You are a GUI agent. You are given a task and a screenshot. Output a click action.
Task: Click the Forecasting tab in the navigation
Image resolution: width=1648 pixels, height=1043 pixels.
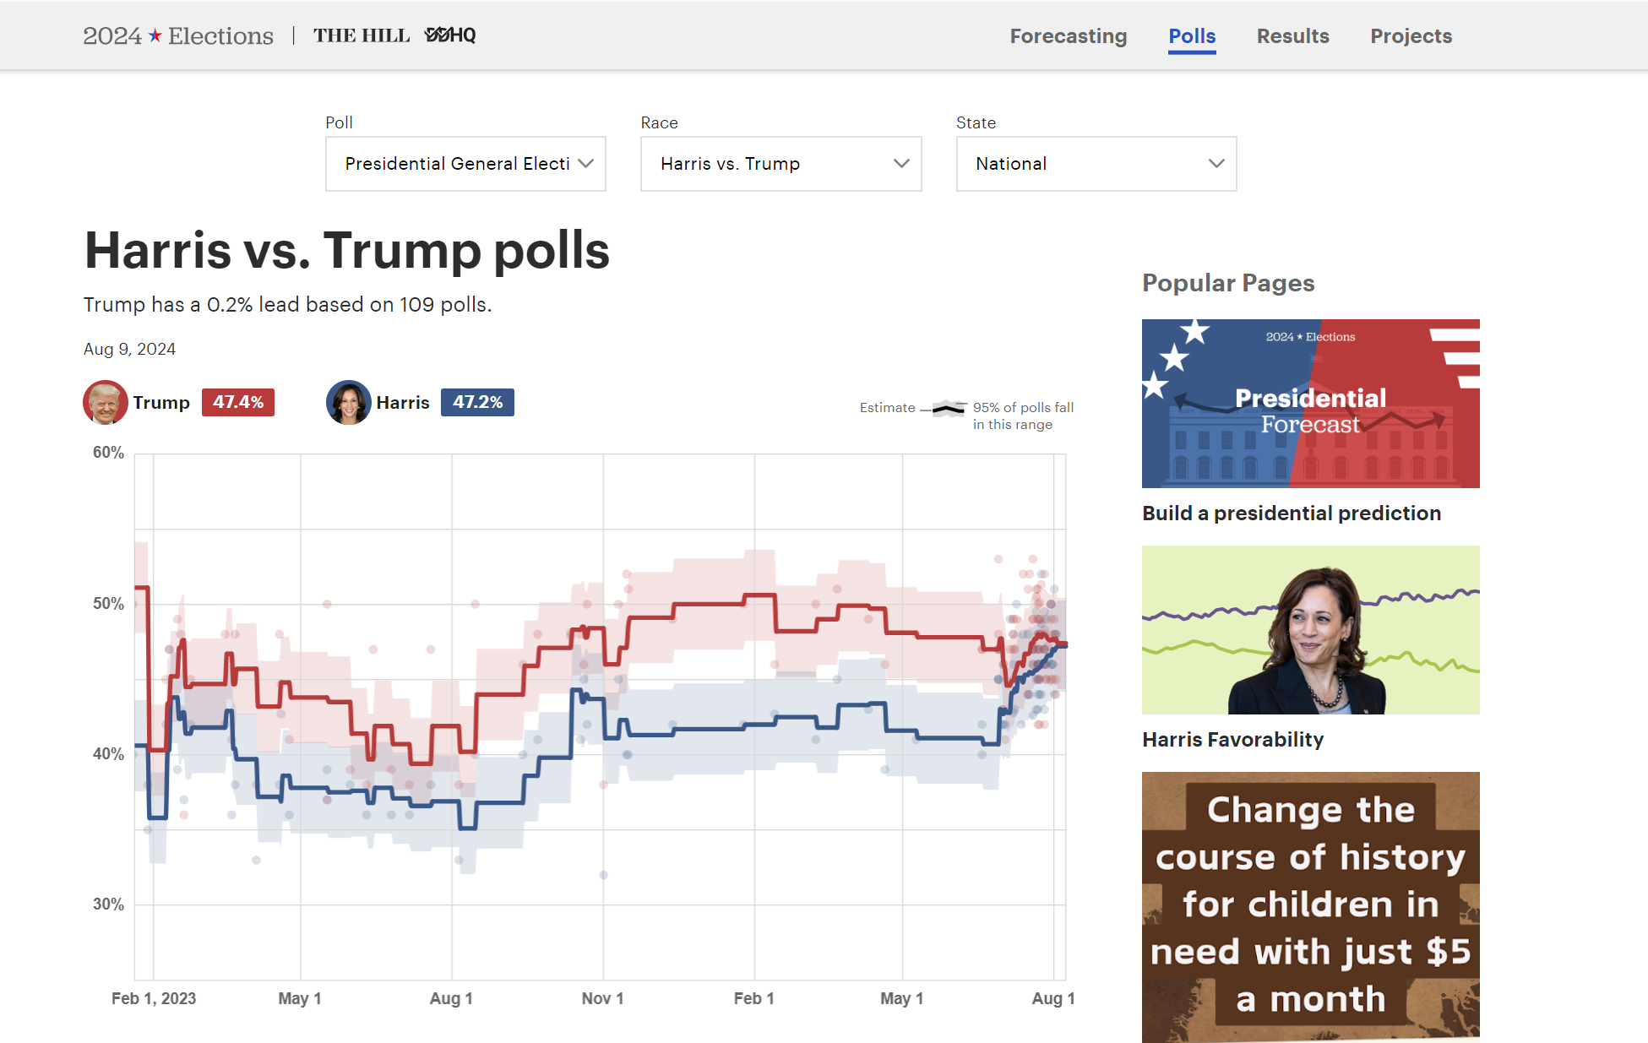point(1068,36)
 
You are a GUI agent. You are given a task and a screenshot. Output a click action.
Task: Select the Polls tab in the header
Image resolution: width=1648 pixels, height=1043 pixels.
point(1192,36)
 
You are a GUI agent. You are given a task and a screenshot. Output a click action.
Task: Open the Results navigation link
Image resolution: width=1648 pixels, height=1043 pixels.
point(1292,36)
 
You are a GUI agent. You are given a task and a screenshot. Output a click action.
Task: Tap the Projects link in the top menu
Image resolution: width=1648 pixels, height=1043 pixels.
point(1411,36)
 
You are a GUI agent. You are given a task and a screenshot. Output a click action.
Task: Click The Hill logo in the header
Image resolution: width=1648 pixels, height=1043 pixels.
point(362,35)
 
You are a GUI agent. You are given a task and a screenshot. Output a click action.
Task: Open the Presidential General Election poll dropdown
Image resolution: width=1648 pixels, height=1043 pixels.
point(465,164)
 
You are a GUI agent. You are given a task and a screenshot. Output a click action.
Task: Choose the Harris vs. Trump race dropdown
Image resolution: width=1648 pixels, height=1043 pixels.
point(780,164)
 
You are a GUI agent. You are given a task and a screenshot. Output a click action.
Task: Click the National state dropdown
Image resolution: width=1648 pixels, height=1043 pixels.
point(1096,164)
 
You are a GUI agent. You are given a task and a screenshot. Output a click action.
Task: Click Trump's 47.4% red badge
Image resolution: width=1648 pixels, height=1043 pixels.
point(238,403)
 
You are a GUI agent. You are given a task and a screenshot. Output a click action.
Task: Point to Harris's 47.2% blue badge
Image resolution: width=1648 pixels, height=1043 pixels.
point(477,403)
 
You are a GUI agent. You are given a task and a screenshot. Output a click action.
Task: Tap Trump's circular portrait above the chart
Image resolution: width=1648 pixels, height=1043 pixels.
point(105,403)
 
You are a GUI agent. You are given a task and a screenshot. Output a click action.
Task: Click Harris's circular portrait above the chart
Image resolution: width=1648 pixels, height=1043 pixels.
point(348,403)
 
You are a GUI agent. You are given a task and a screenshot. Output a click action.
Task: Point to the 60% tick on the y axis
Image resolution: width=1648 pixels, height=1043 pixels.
point(108,453)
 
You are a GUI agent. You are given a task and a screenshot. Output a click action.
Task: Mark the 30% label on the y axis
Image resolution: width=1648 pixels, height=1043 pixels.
point(108,904)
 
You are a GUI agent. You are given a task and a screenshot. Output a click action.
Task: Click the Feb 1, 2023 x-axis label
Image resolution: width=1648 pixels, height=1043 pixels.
point(154,998)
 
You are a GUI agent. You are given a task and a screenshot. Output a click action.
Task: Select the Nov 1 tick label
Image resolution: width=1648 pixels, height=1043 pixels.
point(602,998)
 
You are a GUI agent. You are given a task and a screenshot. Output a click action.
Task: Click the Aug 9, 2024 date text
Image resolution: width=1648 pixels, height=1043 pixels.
point(129,350)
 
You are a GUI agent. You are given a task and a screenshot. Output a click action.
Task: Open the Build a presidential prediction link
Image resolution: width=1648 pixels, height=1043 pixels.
point(1291,513)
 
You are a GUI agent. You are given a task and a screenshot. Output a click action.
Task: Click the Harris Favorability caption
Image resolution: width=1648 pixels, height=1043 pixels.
point(1232,740)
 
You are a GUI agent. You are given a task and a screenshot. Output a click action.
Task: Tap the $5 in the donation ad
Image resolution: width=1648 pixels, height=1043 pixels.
point(1448,952)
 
